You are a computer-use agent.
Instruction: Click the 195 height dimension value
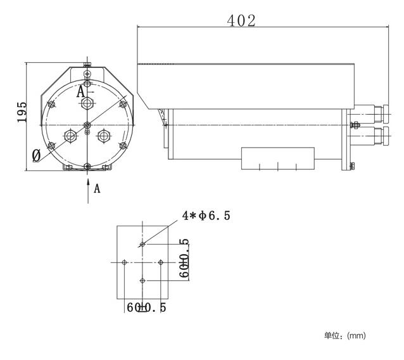(22, 112)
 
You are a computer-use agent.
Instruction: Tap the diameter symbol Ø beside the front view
(36, 154)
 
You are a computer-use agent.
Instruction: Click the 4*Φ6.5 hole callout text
(206, 215)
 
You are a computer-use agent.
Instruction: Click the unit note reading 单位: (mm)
(345, 335)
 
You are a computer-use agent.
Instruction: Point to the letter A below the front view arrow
(97, 188)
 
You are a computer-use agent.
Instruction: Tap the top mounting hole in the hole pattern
(143, 243)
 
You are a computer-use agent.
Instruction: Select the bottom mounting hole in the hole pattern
(143, 280)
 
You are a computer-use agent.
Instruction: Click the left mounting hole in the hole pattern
(125, 262)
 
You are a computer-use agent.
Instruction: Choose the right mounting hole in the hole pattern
(161, 262)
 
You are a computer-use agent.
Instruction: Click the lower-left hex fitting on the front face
(70, 135)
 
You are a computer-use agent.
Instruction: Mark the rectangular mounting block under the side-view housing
(277, 158)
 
